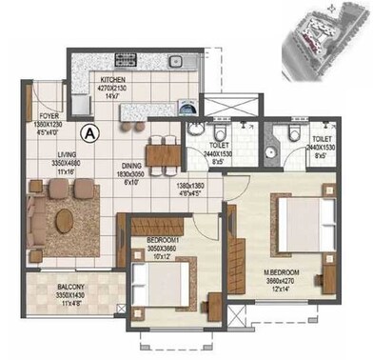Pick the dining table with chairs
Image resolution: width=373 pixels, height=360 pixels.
click(165, 153)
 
